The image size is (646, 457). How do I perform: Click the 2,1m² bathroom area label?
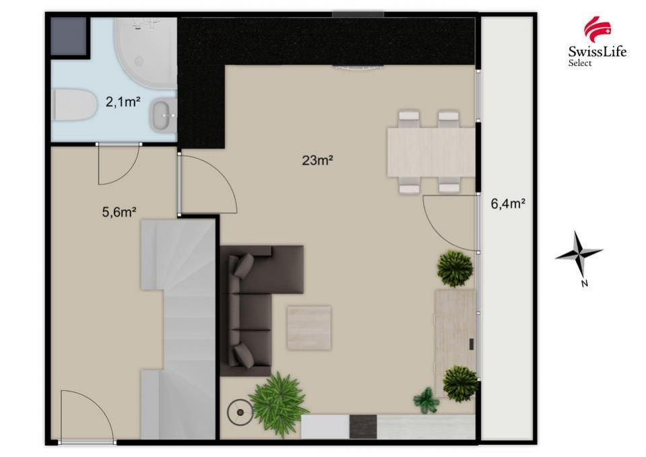[x=123, y=101]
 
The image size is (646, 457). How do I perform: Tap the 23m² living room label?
[x=317, y=160]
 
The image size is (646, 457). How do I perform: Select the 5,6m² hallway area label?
[x=119, y=212]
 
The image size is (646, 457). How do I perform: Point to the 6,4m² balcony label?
[x=508, y=203]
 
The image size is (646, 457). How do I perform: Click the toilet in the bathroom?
[x=75, y=105]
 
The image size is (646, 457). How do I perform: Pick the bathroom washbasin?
[x=164, y=115]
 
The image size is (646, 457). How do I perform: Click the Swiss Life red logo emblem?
[x=597, y=29]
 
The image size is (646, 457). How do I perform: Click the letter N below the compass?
[x=584, y=283]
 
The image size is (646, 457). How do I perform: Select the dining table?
[x=431, y=152]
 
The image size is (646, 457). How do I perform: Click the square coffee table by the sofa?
[x=309, y=328]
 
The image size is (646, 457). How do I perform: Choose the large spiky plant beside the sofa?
[x=278, y=399]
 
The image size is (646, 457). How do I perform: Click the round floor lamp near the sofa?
[x=239, y=412]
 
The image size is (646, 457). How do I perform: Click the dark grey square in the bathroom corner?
[x=69, y=36]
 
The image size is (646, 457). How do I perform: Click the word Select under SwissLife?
[x=580, y=63]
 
